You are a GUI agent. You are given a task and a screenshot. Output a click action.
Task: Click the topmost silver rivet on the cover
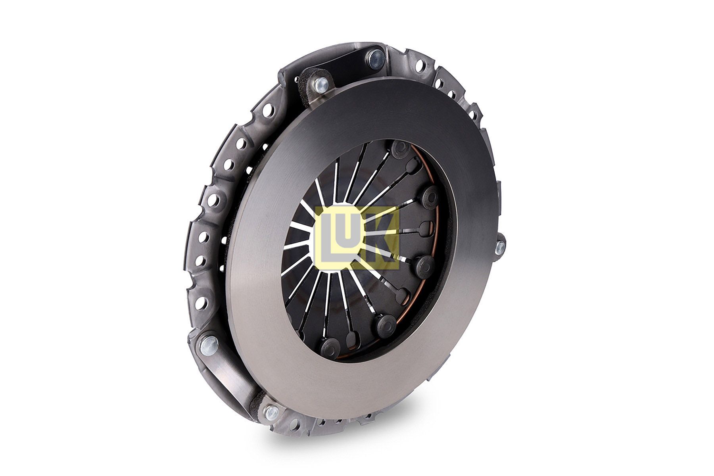(x=374, y=58)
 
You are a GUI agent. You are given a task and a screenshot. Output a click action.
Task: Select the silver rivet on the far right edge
(x=500, y=247)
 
